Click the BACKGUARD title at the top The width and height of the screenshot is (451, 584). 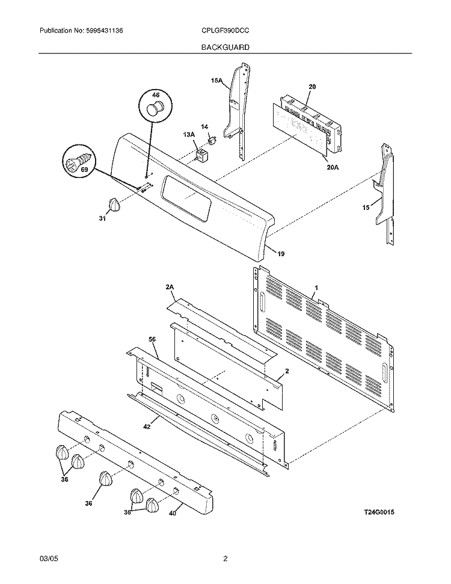(226, 46)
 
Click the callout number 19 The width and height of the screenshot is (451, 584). (281, 254)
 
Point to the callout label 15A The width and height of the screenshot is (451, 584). (216, 81)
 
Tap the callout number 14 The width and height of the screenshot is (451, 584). (204, 127)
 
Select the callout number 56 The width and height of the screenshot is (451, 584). (152, 340)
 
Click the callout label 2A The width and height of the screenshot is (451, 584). (170, 288)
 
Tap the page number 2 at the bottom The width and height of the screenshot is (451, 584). (226, 559)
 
